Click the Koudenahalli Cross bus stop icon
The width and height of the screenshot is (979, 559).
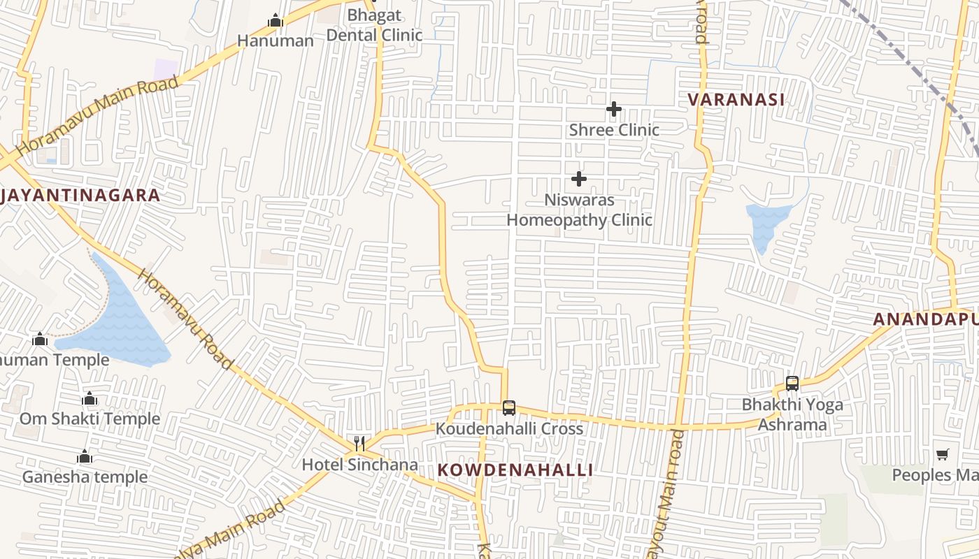[509, 408]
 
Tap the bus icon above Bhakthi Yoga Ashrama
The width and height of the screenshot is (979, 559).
[792, 383]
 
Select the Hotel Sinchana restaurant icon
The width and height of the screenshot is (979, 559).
[359, 444]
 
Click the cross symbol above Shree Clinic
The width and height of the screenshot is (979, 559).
[614, 109]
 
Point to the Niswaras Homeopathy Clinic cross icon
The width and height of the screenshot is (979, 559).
[579, 179]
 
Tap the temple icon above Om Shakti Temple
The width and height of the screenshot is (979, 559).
[90, 399]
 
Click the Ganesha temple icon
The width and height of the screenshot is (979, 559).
[85, 457]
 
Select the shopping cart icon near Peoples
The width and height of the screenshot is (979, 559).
[943, 455]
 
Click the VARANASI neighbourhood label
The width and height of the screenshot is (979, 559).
[736, 99]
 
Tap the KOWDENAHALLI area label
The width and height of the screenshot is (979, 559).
[515, 470]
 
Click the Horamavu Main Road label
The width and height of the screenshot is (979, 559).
[98, 115]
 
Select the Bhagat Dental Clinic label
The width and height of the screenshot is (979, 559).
[375, 25]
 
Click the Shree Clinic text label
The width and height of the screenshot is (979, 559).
[614, 130]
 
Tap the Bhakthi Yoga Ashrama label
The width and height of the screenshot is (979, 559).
[792, 414]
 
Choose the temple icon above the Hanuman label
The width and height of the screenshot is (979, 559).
[276, 21]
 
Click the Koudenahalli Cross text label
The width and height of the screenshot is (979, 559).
[509, 428]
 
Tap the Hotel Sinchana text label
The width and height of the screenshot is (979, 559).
[359, 465]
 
